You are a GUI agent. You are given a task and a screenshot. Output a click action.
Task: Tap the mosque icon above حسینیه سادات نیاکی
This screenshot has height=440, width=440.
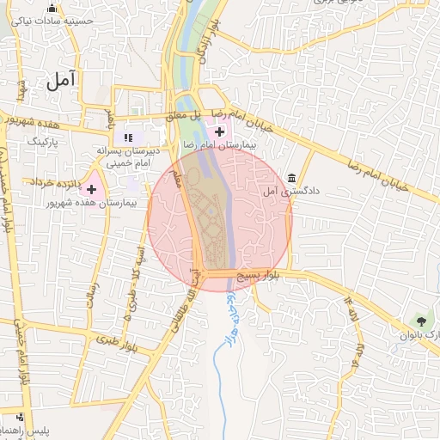pyautogui.click(x=52, y=9)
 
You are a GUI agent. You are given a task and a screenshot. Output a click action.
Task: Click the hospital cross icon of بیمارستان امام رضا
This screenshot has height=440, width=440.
pyautogui.click(x=220, y=132)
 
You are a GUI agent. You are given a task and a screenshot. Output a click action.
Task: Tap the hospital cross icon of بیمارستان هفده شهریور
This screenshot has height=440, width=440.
pyautogui.click(x=91, y=189)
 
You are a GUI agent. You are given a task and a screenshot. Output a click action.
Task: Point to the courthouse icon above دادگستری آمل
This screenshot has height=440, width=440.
pyautogui.click(x=292, y=178)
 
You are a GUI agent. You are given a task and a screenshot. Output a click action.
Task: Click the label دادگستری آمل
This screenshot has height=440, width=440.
pyautogui.click(x=291, y=191)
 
